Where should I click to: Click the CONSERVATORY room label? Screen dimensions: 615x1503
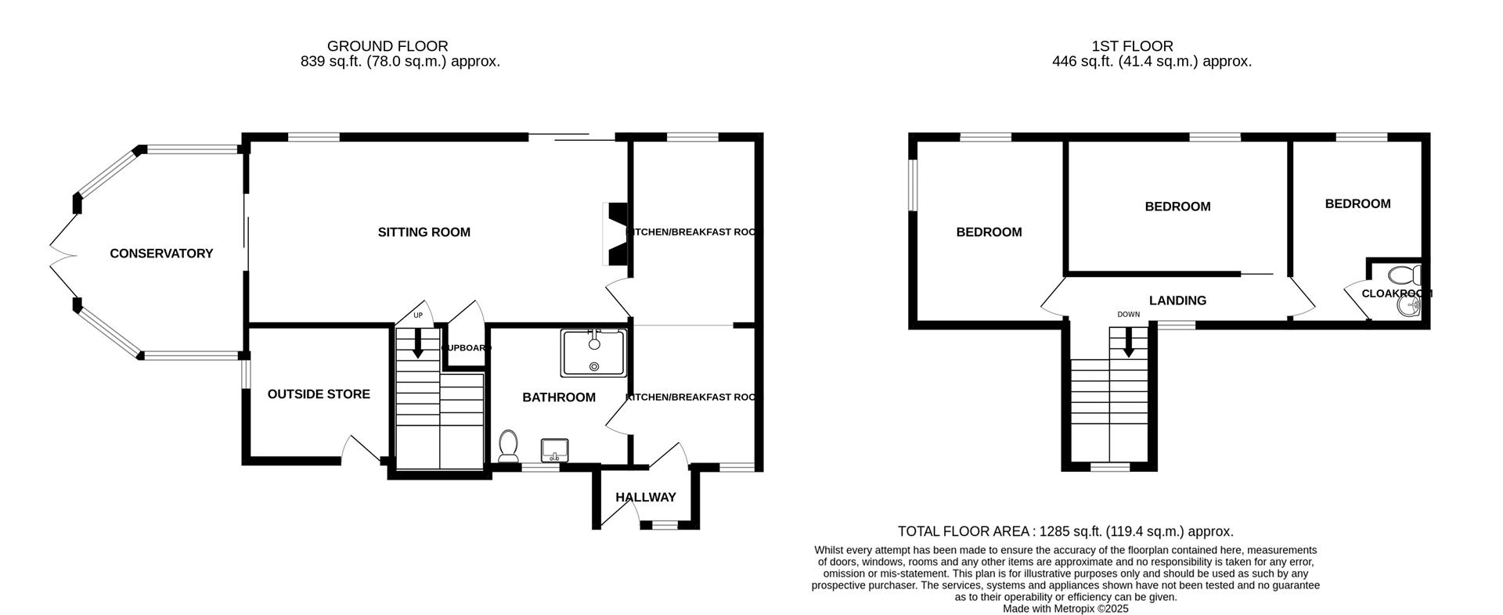(161, 254)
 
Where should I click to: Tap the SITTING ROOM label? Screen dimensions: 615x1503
(424, 232)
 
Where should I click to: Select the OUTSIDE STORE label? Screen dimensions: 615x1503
(319, 394)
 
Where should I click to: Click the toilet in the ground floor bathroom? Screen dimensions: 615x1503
(508, 446)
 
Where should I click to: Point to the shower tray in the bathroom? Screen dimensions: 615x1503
(593, 353)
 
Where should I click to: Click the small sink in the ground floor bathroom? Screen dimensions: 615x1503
(555, 450)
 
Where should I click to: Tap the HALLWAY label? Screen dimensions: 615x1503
(645, 498)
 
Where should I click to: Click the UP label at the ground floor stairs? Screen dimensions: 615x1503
(418, 316)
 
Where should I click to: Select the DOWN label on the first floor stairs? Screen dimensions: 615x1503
(1128, 315)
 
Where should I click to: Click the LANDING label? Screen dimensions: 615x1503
(1177, 300)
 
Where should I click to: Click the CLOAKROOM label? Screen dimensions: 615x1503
(1397, 294)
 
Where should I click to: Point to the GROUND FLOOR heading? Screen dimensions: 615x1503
(387, 46)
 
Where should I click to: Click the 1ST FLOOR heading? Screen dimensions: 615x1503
(1132, 46)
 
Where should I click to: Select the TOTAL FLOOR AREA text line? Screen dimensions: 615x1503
(1065, 531)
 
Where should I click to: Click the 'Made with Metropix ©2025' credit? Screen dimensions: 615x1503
(1065, 608)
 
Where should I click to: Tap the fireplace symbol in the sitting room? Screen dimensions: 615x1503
(616, 234)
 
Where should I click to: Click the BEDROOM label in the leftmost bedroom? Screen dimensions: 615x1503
(989, 232)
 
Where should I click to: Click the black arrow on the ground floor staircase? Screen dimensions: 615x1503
(418, 343)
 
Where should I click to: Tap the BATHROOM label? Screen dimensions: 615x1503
(559, 397)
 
